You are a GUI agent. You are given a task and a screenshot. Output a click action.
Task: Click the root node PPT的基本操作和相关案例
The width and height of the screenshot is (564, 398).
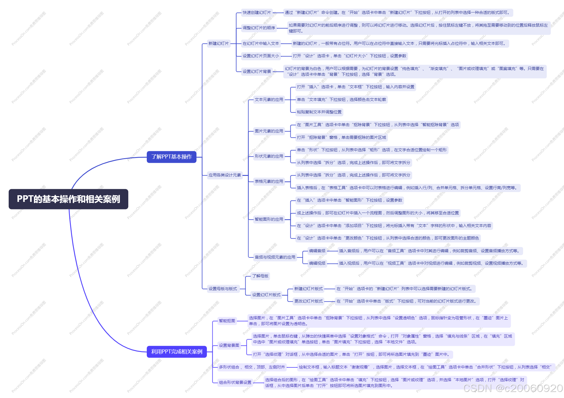point(68,199)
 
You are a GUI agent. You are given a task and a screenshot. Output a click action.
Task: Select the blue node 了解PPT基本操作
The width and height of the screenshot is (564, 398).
point(172,157)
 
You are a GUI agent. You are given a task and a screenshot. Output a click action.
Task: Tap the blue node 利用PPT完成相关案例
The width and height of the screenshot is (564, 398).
point(177,352)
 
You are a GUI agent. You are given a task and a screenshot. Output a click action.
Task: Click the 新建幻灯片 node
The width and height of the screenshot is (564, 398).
point(219,44)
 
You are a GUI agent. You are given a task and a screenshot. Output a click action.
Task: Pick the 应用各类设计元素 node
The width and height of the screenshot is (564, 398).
point(225,175)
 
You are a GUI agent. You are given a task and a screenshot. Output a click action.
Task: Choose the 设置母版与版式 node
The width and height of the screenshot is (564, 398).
point(223,289)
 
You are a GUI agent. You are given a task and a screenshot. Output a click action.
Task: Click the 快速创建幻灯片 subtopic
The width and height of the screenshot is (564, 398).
point(257,12)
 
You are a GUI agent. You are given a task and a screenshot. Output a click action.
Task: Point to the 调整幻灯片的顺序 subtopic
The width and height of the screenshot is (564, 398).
point(259,28)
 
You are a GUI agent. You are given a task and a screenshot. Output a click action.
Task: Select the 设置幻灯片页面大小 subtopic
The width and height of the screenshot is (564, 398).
point(261,56)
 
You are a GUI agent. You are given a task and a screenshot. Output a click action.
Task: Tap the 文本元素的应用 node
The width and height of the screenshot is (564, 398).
point(269,99)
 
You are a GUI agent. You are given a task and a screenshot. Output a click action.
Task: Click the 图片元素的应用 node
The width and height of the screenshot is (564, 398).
point(269,131)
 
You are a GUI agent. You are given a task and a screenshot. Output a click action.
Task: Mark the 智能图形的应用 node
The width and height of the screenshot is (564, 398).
point(269,219)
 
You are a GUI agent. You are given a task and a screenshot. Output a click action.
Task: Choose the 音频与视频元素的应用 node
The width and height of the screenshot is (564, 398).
point(275,257)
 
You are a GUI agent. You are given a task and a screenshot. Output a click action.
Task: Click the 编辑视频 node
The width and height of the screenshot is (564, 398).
point(317,263)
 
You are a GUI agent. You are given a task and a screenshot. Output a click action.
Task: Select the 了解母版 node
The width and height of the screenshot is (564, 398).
point(260,276)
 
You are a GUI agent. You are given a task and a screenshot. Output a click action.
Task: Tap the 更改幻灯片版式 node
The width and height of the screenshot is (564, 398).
point(309,301)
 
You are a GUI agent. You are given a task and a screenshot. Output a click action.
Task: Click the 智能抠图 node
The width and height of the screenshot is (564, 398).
point(227,321)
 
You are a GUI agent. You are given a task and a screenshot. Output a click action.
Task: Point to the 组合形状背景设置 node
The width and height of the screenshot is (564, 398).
point(235,382)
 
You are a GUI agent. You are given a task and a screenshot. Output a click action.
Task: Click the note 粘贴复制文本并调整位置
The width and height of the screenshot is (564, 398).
point(319,112)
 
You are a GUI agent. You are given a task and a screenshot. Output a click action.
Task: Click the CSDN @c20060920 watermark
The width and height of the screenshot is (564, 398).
point(513,388)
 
